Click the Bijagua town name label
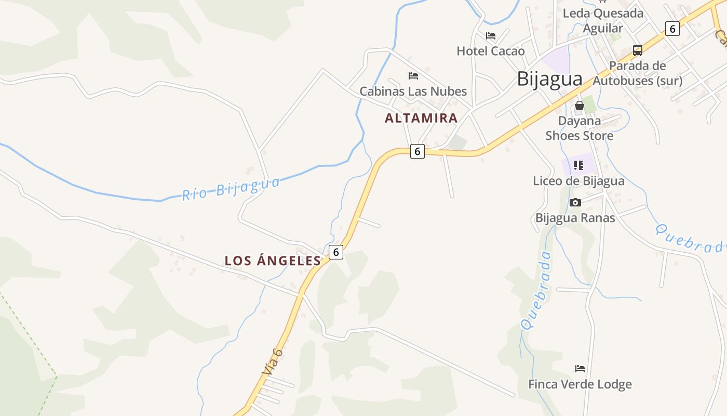(549, 79)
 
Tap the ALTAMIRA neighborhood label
(421, 118)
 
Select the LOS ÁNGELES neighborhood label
(273, 261)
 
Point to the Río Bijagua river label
(231, 188)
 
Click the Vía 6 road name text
(273, 361)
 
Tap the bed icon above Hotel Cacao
(491, 36)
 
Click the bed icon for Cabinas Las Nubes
(413, 76)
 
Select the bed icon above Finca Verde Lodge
(580, 369)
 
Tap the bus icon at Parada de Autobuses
(638, 50)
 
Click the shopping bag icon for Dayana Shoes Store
(580, 106)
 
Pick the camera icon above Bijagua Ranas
(575, 202)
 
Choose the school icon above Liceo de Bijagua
(578, 165)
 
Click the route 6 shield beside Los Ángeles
(336, 252)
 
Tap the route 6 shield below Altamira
(417, 151)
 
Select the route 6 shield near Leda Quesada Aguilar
(672, 29)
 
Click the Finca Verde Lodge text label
(580, 384)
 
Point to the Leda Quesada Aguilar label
(603, 21)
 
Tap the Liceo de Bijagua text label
(578, 181)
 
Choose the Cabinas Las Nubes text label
(413, 92)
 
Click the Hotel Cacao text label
(491, 51)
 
